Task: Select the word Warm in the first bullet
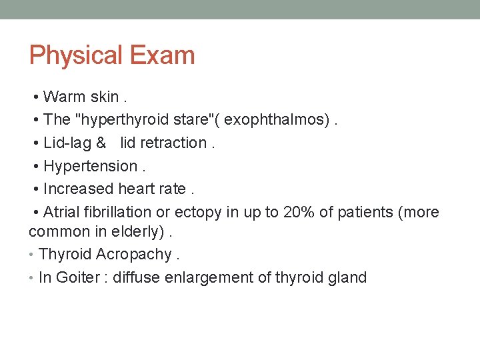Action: [64, 97]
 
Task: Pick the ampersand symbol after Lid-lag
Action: [101, 143]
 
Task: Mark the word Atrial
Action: [61, 212]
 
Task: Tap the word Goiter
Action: [78, 277]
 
